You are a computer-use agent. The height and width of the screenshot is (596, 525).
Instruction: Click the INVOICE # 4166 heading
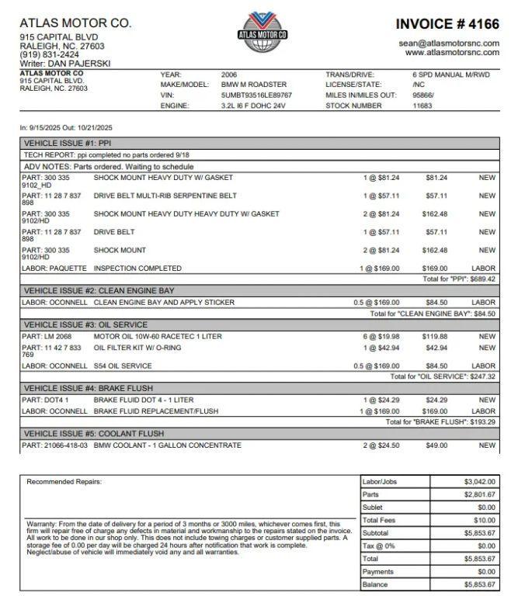point(448,24)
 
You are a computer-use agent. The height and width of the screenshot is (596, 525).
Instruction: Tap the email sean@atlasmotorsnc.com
point(449,43)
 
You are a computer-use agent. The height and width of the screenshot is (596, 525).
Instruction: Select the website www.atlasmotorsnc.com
point(452,53)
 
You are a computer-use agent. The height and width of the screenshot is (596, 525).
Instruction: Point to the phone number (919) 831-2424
point(49,55)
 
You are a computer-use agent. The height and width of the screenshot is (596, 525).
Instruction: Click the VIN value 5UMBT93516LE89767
point(256,95)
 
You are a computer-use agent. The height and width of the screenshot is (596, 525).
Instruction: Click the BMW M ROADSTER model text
point(254,85)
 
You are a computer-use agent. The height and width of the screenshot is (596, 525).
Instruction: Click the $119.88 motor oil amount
point(434,337)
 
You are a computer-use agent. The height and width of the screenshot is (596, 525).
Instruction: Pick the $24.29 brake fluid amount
point(436,400)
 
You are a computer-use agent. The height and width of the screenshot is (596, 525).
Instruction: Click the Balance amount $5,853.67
point(479,584)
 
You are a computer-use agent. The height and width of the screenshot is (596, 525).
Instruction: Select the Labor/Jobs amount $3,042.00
point(479,482)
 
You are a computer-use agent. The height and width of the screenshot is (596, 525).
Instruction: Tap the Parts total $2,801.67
point(479,494)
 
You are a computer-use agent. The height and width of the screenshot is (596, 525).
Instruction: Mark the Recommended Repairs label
point(64,482)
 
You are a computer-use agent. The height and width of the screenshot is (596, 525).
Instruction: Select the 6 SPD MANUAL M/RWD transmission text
point(452,74)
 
